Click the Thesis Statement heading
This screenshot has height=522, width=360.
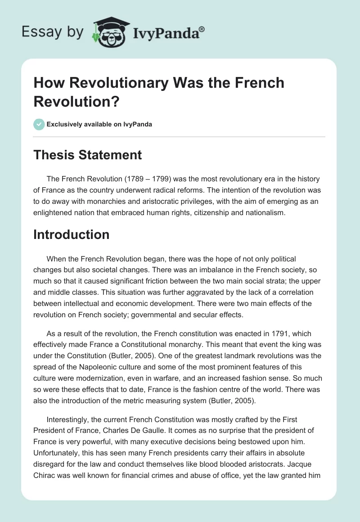(x=88, y=155)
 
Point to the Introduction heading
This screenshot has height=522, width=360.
(x=71, y=234)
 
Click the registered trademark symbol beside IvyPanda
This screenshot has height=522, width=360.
(x=202, y=29)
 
